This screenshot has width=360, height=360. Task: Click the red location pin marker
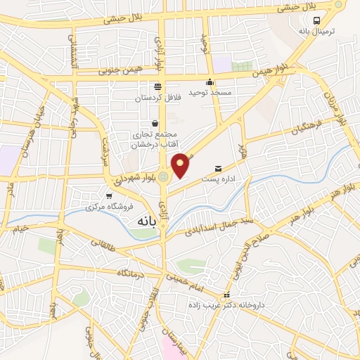[181, 165]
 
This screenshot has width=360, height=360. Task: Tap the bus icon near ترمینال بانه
[317, 20]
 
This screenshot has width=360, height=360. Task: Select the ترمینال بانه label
[314, 32]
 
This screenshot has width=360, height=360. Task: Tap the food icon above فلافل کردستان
[157, 86]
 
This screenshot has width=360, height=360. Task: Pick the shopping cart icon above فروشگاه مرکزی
[108, 196]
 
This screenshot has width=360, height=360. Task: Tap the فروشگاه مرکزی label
[103, 207]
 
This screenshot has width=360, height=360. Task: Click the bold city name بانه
[141, 221]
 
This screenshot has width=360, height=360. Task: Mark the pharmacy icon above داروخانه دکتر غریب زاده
[226, 295]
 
